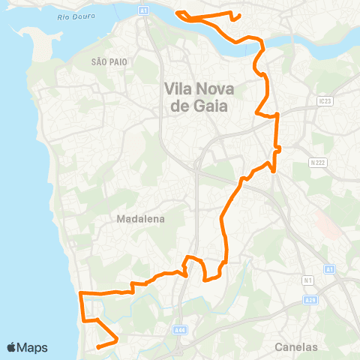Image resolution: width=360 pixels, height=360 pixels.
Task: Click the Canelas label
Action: [296, 347]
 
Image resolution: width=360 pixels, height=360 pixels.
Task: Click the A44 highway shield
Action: [178, 328]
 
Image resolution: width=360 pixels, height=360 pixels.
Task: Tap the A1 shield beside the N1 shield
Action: [329, 268]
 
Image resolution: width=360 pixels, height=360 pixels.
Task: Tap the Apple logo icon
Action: [12, 347]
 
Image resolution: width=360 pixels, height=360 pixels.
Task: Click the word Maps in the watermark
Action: [33, 347]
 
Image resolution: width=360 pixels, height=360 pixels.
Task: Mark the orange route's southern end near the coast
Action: [98, 347]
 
